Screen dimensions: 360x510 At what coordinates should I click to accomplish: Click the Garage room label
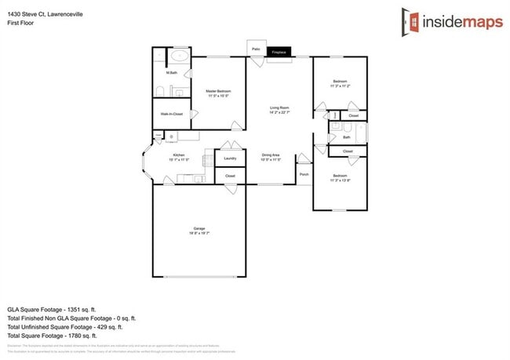tap(198, 229)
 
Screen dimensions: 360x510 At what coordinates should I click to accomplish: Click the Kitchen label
tap(179, 155)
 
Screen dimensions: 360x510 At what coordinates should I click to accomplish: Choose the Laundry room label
tap(230, 158)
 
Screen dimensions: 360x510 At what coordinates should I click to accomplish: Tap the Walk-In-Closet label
tap(172, 114)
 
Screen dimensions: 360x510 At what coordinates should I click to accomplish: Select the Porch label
tap(304, 174)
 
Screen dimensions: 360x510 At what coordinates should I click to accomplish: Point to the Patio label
tap(256, 49)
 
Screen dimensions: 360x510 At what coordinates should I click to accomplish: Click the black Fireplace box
tap(279, 53)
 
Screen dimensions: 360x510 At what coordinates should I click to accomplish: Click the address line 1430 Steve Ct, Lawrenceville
tap(46, 14)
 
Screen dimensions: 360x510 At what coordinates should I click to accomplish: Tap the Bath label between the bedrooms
tap(346, 137)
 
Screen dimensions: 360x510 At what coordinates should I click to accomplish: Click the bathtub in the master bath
tap(180, 56)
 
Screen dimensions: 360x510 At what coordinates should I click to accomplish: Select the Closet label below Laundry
tap(230, 176)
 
